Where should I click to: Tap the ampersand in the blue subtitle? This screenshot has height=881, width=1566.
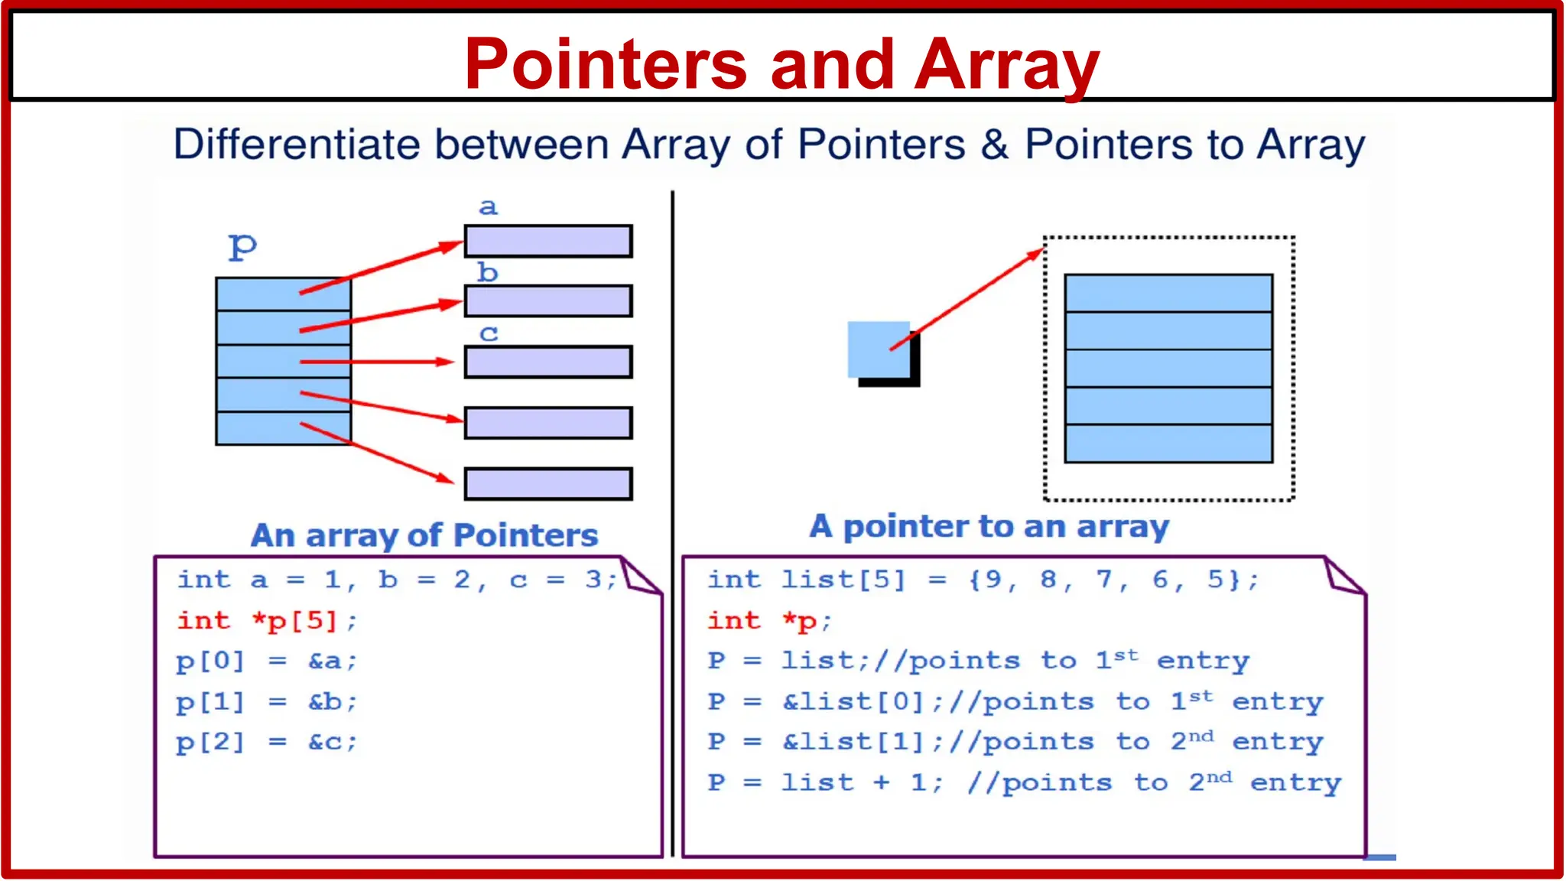click(994, 144)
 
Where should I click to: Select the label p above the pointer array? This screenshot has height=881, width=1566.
click(242, 246)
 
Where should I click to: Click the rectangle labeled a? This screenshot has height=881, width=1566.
click(548, 241)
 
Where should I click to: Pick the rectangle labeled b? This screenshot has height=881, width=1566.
click(548, 301)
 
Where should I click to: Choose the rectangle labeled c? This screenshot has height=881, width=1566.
click(548, 362)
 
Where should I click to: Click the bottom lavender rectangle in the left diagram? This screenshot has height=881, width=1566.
click(548, 484)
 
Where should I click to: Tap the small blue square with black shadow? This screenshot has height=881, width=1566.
click(879, 350)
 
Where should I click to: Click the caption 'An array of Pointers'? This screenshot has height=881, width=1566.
click(424, 535)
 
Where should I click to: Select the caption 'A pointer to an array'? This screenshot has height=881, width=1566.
click(989, 527)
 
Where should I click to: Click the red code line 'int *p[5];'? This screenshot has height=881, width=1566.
click(267, 620)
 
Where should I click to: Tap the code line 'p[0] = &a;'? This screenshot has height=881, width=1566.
click(267, 661)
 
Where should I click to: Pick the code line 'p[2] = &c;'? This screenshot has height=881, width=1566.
click(267, 742)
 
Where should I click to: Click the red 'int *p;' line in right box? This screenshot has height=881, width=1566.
click(768, 620)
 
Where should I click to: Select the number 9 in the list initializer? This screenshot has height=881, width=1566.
click(993, 580)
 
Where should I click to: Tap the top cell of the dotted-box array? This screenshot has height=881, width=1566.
click(1168, 293)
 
